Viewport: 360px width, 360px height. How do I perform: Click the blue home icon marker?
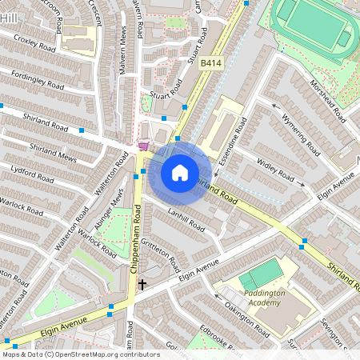click(180, 172)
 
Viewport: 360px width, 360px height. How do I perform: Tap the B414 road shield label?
click(210, 63)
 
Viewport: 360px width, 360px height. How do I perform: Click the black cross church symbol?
click(142, 284)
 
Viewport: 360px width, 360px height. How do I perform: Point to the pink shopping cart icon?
click(143, 146)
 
